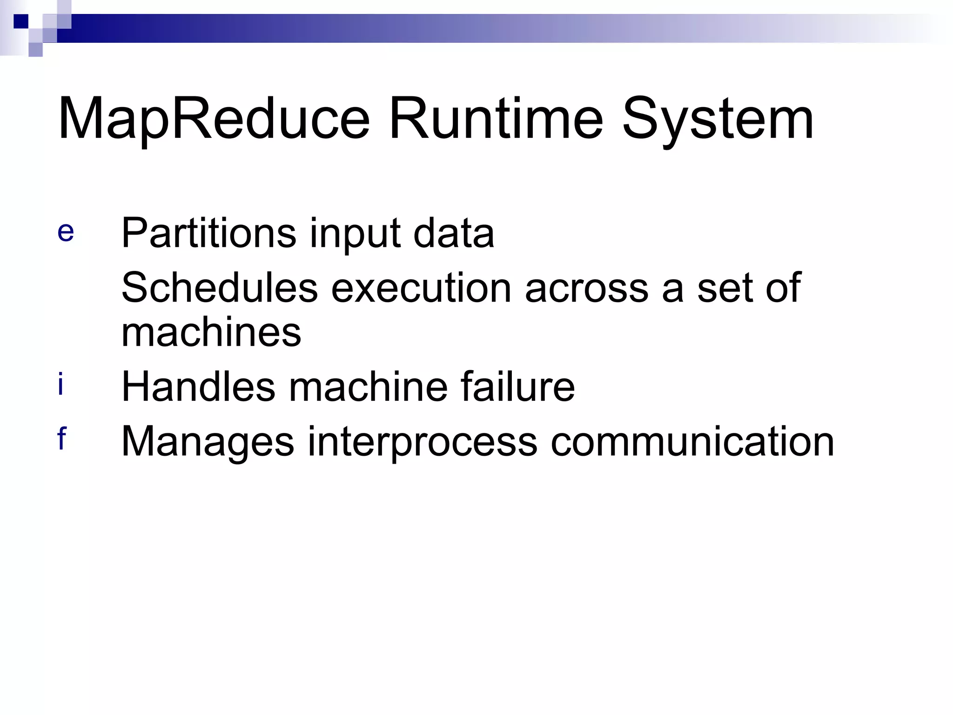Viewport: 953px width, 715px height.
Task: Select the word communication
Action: [692, 441]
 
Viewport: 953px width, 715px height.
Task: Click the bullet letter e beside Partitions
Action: [66, 232]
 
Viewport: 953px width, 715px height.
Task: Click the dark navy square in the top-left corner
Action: [21, 21]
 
